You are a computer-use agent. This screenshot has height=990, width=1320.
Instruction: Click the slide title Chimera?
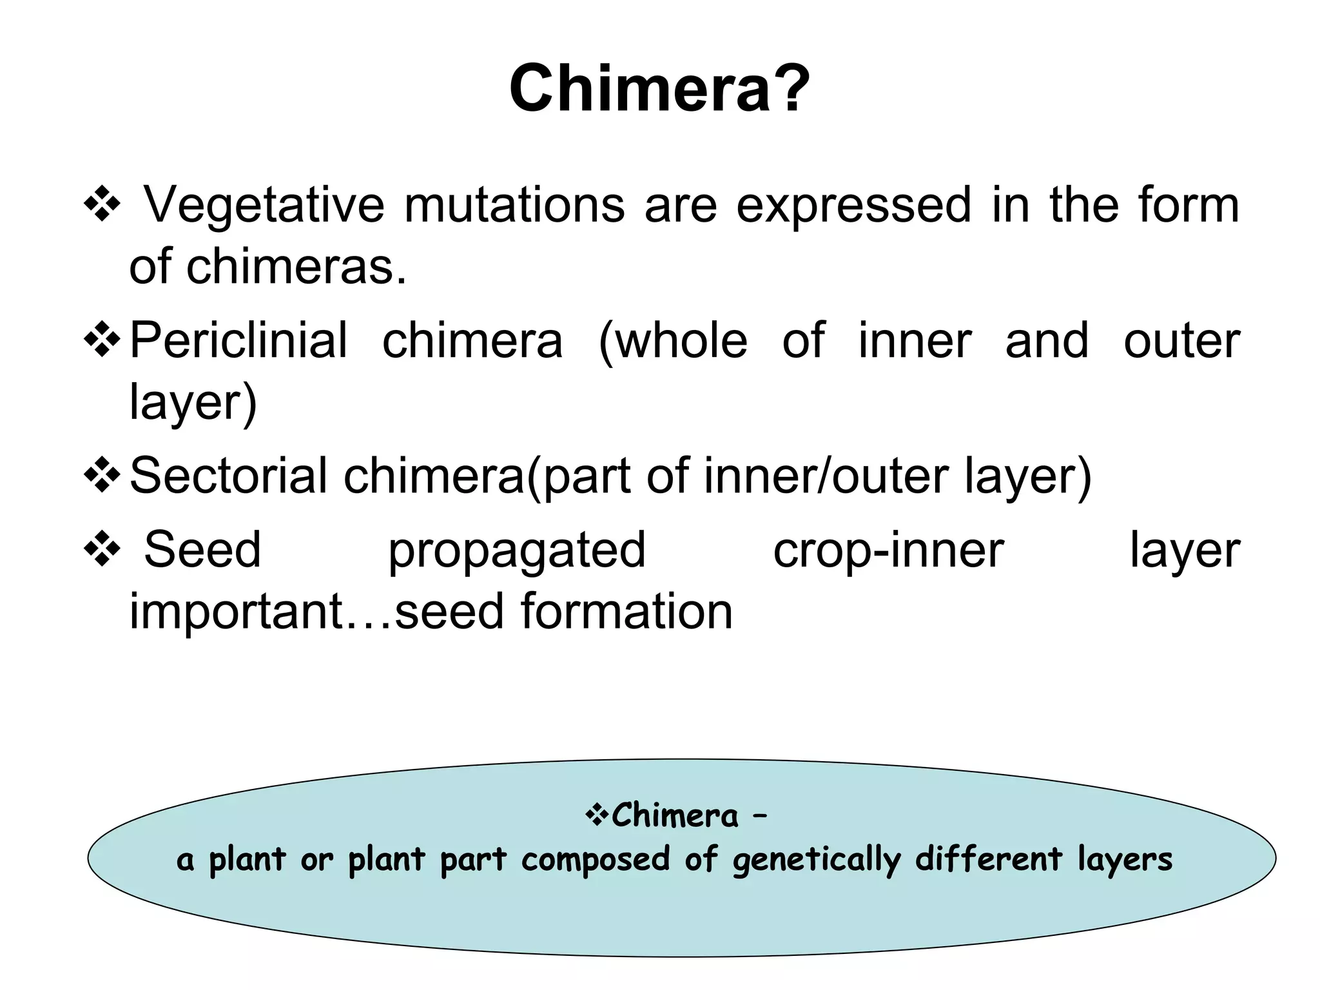pos(659,88)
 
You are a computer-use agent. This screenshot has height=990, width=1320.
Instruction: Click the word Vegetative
pos(264,205)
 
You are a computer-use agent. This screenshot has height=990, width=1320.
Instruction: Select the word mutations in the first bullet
pos(514,205)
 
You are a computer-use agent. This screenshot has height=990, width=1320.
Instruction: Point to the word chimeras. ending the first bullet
pos(296,266)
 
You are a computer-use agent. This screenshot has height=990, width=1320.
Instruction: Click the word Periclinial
pos(238,340)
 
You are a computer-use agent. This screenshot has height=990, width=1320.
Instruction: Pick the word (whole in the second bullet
pos(673,341)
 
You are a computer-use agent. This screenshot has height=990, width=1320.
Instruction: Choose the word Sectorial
pos(228,475)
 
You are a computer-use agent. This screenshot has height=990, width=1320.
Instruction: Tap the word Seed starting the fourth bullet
pos(202,550)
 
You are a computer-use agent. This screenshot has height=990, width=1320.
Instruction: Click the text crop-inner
pos(888,550)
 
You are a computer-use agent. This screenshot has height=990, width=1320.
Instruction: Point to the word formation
pos(626,611)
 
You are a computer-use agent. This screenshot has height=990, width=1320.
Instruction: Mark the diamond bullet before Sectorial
pos(102,476)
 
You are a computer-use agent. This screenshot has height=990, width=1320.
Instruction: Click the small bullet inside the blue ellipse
pos(596,815)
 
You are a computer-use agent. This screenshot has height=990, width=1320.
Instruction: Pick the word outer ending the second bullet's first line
pos(1181,340)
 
